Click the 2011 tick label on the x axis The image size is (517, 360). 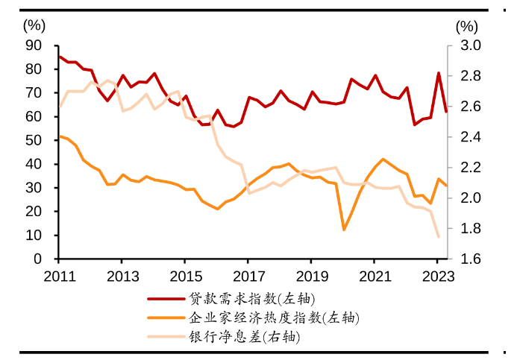coord(59,276)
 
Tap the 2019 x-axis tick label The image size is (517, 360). coord(313,276)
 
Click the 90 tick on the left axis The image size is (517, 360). coord(34,45)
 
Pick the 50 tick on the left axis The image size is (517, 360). coord(34,140)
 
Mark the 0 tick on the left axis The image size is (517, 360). coord(38,259)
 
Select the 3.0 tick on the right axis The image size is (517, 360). coord(466,45)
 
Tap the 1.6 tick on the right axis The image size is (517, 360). coord(466,259)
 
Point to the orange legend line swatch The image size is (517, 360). coord(166,318)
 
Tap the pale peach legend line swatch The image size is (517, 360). coord(166,336)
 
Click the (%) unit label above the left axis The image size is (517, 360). coord(34,25)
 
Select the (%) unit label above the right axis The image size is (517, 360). coord(466,25)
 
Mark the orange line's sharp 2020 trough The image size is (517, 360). coord(344,230)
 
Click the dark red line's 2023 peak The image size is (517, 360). coord(439,73)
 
